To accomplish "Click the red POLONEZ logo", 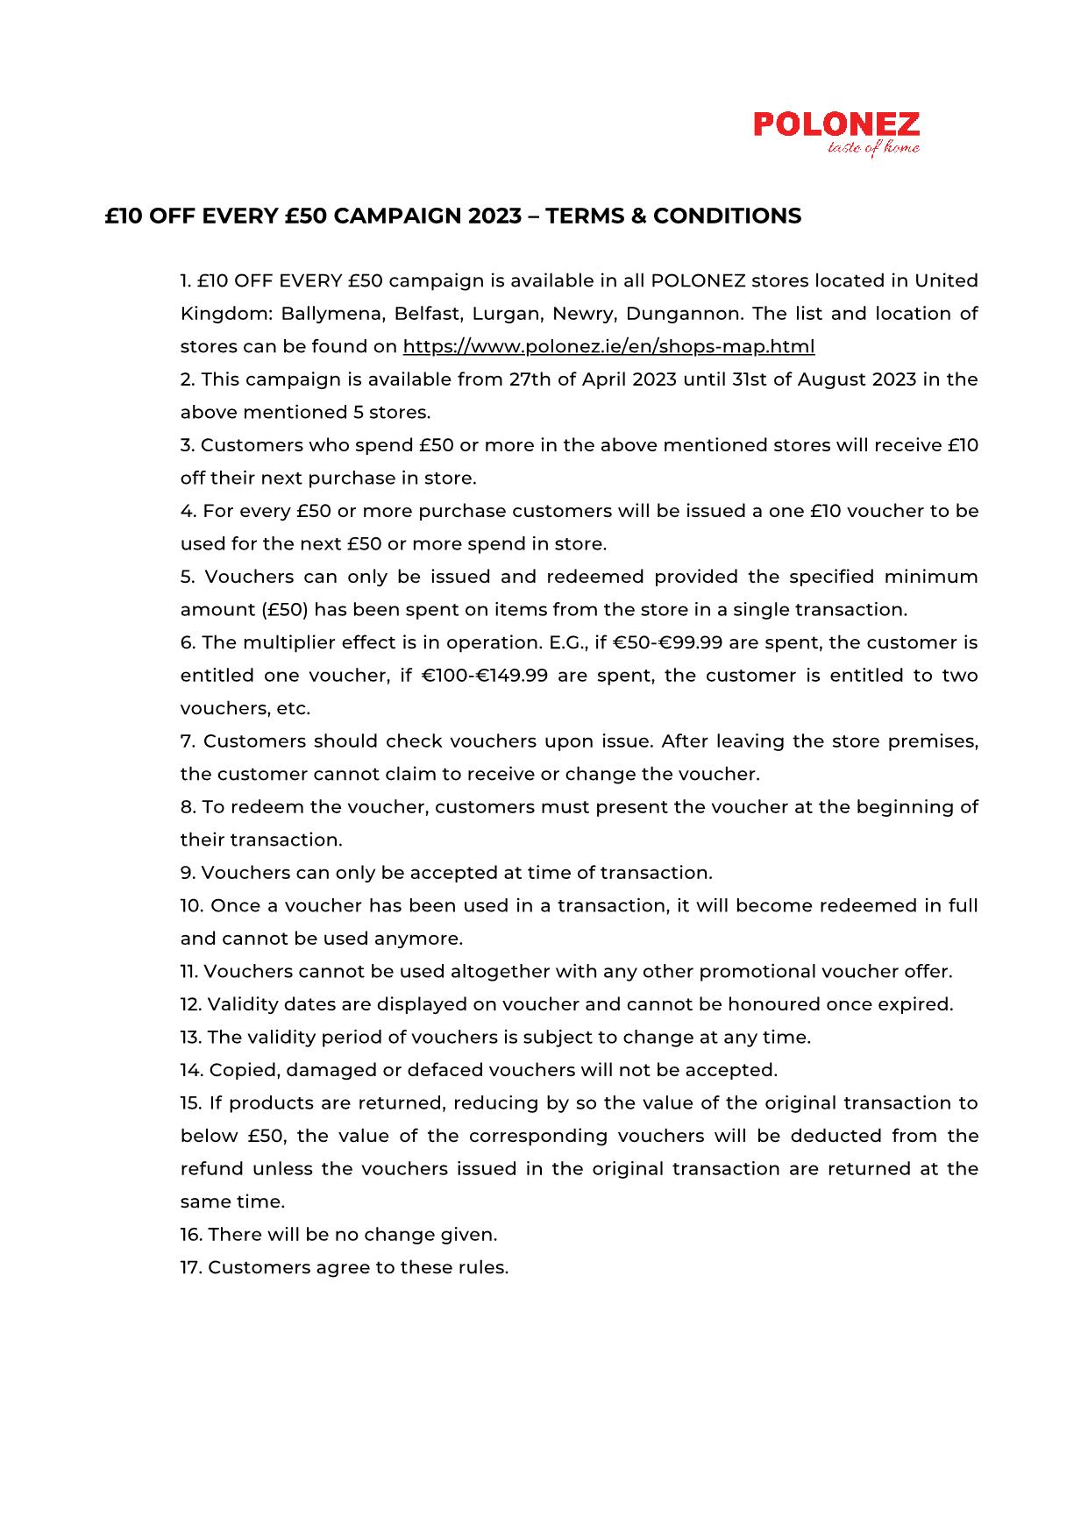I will tap(836, 124).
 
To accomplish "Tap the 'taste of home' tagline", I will tap(873, 149).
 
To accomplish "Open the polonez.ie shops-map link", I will tap(608, 346).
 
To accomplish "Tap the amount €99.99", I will tap(691, 642).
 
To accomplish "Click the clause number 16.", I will tap(191, 1235).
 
